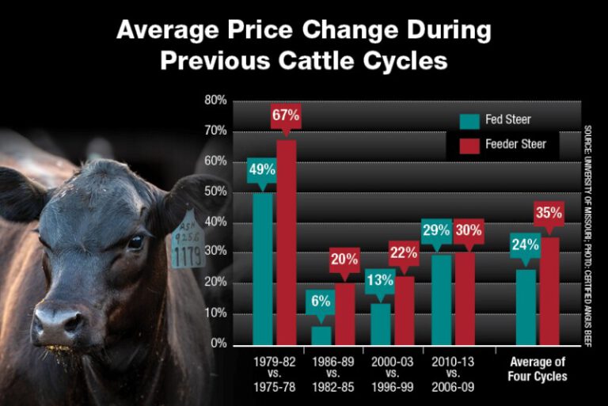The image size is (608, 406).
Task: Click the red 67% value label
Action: [x=286, y=116]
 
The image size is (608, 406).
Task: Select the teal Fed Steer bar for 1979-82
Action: [x=262, y=269]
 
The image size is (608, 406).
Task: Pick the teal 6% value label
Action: [x=321, y=301]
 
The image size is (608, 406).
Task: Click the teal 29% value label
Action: [x=435, y=230]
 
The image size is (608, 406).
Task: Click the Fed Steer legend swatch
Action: [x=470, y=120]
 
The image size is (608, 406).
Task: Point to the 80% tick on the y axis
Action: [x=216, y=101]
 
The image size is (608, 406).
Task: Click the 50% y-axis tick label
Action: [x=216, y=192]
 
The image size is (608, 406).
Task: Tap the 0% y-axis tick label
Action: [x=218, y=345]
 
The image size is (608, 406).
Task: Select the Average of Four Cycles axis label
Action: [x=537, y=370]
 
